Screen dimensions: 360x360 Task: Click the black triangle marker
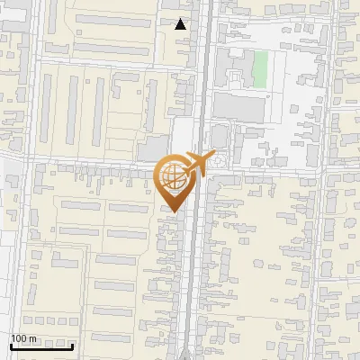point(181,24)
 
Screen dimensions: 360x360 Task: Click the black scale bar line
point(41,346)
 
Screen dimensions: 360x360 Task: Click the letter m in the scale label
point(33,339)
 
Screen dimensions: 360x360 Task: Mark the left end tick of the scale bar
point(11,344)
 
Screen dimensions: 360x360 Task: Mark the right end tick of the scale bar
point(72,344)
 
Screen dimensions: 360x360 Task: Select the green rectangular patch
point(260,70)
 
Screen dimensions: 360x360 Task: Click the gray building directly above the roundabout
point(219,138)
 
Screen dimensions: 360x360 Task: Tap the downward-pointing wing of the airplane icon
point(199,171)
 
